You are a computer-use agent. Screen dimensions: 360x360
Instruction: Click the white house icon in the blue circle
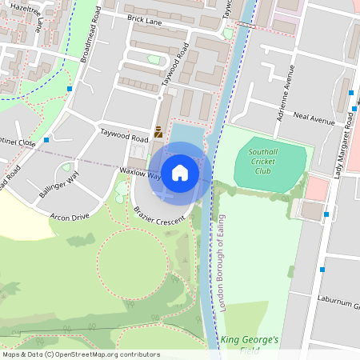[x=180, y=172]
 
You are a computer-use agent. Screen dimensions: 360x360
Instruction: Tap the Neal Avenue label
[x=314, y=118]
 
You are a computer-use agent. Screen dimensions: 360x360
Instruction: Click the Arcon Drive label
[x=70, y=217]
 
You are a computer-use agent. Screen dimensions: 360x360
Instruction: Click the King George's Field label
[x=250, y=345]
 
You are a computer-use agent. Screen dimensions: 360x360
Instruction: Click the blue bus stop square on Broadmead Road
[x=70, y=88]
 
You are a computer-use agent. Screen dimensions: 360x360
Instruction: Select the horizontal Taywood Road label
[x=124, y=134]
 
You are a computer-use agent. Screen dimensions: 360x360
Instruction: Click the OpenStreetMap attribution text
[x=81, y=354]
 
